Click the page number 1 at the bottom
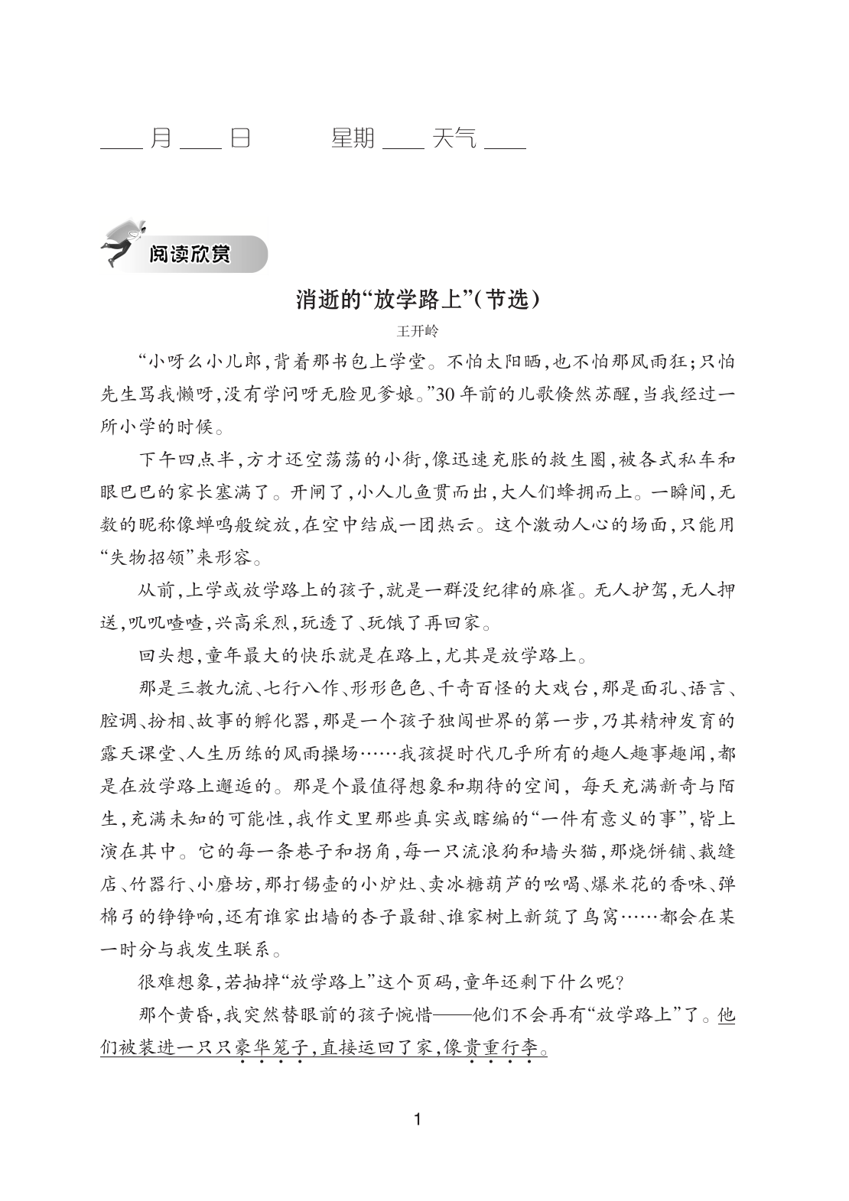(x=417, y=1120)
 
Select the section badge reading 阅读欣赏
(x=190, y=255)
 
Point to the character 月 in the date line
(x=161, y=138)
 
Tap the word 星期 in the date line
(x=353, y=138)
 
